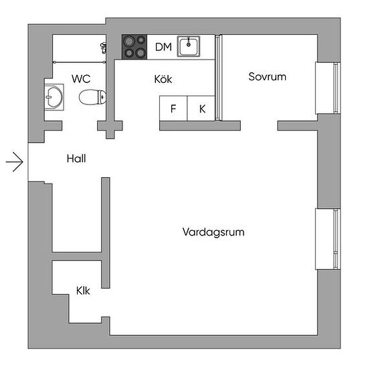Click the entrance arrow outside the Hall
15,162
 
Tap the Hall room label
76,159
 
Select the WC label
81,79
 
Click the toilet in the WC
92,97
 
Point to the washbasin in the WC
54,97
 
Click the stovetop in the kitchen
134,47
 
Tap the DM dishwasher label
163,47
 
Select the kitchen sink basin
189,46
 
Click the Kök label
163,80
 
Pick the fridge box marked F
173,108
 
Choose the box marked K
201,108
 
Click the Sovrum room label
268,77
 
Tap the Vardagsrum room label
213,232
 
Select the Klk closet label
83,291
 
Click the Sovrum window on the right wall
328,88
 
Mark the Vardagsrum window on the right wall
328,239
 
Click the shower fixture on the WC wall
103,48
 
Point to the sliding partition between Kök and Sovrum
219,78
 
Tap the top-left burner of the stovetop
129,41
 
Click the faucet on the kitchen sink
189,42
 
